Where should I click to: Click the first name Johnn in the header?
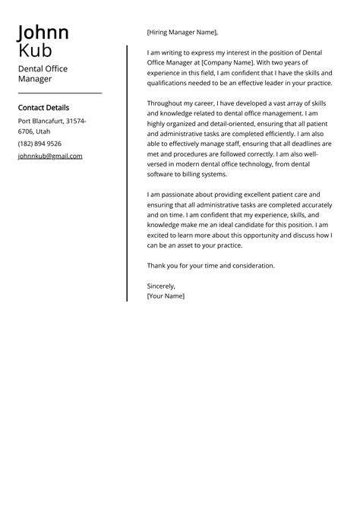[x=43, y=33]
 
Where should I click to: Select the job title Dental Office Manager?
[x=43, y=74]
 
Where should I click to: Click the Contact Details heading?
[x=43, y=108]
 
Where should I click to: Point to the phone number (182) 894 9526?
[x=39, y=144]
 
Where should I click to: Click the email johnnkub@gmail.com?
[x=50, y=156]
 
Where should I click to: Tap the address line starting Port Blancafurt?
[x=52, y=121]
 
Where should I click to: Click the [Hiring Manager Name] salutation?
[x=182, y=33]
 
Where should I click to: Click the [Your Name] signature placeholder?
[x=166, y=296]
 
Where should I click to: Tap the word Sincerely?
[x=161, y=286]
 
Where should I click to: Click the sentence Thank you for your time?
[x=210, y=265]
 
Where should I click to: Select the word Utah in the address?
[x=43, y=131]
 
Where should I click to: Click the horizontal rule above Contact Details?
[x=59, y=93]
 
